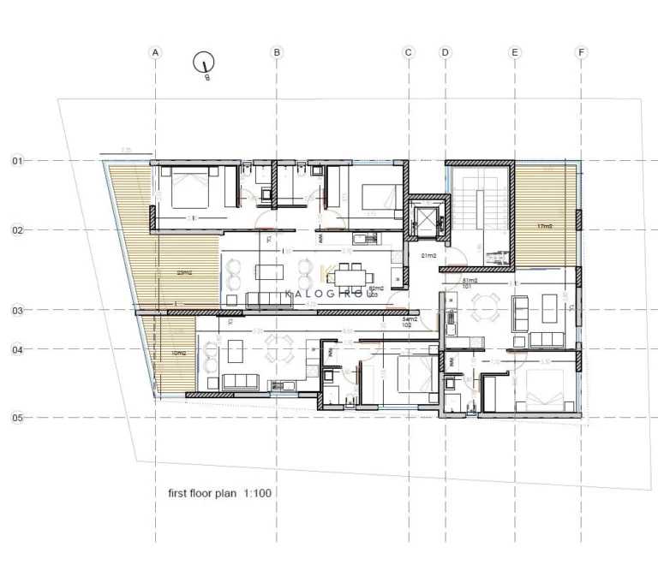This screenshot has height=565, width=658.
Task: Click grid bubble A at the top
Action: pyautogui.click(x=155, y=52)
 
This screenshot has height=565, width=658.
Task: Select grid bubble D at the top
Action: pyautogui.click(x=445, y=52)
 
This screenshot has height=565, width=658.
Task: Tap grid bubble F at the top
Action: pyautogui.click(x=582, y=52)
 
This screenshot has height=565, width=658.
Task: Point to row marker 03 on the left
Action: pyautogui.click(x=17, y=311)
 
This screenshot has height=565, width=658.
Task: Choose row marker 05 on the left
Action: pyautogui.click(x=17, y=418)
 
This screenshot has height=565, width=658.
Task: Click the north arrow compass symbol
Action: pyautogui.click(x=204, y=62)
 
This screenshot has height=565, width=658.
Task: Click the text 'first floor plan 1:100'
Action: pyautogui.click(x=220, y=494)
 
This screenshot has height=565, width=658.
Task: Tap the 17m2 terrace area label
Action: pyautogui.click(x=545, y=227)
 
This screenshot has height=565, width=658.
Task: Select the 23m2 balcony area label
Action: pyautogui.click(x=184, y=273)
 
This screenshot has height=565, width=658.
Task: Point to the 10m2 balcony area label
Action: pyautogui.click(x=178, y=353)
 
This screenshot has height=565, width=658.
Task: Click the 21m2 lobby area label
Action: pyautogui.click(x=428, y=256)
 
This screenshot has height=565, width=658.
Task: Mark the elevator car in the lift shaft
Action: pyautogui.click(x=424, y=220)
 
